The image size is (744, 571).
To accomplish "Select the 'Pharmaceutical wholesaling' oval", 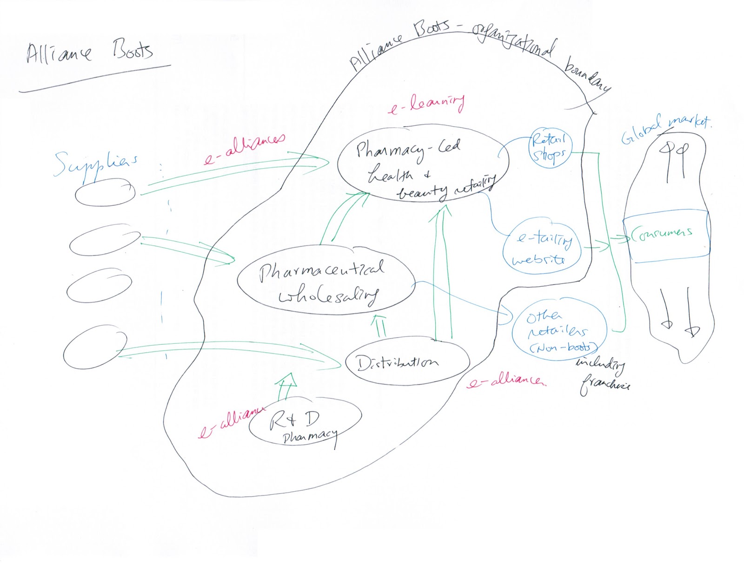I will click(x=325, y=281).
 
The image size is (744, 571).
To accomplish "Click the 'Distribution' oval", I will click(x=407, y=362).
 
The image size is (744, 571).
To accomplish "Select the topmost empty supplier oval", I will click(x=106, y=193).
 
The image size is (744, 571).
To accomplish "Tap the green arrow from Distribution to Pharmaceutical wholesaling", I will click(x=380, y=325).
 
